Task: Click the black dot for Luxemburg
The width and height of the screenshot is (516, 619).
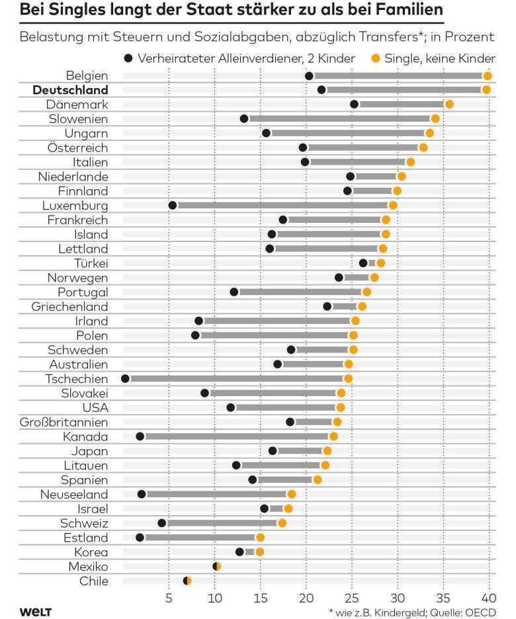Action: [x=173, y=205]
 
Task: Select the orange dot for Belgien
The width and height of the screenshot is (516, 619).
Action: [x=488, y=75]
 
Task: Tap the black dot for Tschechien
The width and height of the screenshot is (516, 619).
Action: [x=126, y=378]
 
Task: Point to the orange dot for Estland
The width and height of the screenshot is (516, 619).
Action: [x=260, y=537]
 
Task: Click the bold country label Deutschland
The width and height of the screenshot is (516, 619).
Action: [x=70, y=90]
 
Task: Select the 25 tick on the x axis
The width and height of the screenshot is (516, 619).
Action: [x=351, y=598]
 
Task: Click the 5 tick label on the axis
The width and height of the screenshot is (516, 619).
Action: [x=169, y=598]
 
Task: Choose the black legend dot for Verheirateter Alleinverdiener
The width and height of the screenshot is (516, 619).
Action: [x=128, y=59]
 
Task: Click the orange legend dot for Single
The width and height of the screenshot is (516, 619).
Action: [x=375, y=59]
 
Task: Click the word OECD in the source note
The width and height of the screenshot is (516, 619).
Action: [x=480, y=612]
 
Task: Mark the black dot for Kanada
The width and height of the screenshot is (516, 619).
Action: [x=140, y=436]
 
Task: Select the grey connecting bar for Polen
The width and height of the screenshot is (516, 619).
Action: [x=274, y=335]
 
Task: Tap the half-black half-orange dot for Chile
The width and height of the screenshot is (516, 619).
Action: [x=187, y=581]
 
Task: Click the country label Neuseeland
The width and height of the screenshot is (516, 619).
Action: [x=74, y=494]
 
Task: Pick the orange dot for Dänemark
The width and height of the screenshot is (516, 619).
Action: [x=449, y=104]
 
